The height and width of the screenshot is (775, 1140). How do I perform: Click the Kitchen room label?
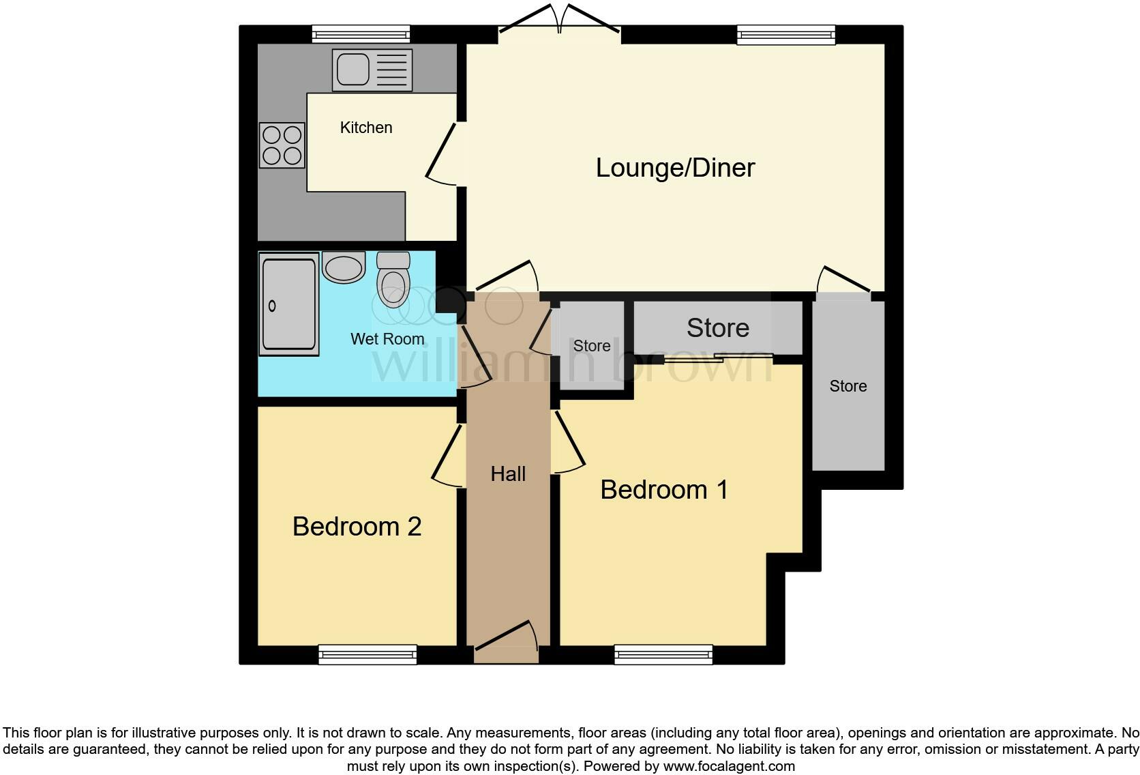(x=366, y=128)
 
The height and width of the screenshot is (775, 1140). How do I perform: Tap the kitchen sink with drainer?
(x=372, y=70)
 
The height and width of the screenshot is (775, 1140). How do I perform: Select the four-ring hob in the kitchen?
(x=282, y=145)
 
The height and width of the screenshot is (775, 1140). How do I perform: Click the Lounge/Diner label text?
(x=675, y=168)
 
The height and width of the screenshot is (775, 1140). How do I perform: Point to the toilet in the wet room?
(x=393, y=280)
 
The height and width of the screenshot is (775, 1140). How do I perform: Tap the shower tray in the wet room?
(x=288, y=304)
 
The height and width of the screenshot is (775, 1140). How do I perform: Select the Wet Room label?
(x=387, y=339)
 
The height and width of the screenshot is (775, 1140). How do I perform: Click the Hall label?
(x=508, y=474)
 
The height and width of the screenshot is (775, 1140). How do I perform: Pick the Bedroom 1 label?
(x=663, y=490)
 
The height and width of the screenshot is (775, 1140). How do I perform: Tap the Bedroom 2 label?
(x=357, y=527)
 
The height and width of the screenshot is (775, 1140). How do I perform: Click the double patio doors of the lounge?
(x=559, y=20)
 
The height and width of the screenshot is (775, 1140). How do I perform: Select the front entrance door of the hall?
(x=506, y=639)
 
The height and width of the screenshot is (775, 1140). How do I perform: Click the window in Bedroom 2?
(x=367, y=655)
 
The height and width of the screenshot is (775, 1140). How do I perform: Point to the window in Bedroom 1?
(x=663, y=655)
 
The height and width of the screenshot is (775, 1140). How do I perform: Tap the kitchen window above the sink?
(x=361, y=34)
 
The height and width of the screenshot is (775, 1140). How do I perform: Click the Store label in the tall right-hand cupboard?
(x=847, y=386)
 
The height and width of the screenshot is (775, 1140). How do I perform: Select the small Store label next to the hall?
(x=591, y=346)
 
